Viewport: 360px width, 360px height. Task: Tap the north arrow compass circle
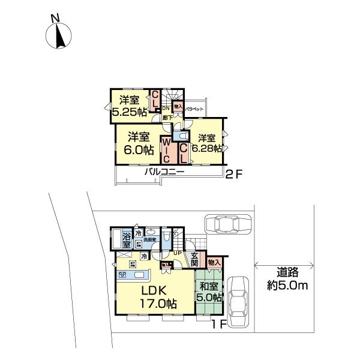click(x=59, y=38)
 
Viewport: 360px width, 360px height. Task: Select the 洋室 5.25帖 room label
click(x=128, y=106)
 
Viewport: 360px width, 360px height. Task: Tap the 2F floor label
click(x=232, y=175)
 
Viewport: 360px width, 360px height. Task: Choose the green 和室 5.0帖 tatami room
click(x=209, y=292)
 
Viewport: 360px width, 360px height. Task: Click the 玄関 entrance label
click(x=194, y=260)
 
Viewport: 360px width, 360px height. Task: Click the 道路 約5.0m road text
click(x=286, y=280)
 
